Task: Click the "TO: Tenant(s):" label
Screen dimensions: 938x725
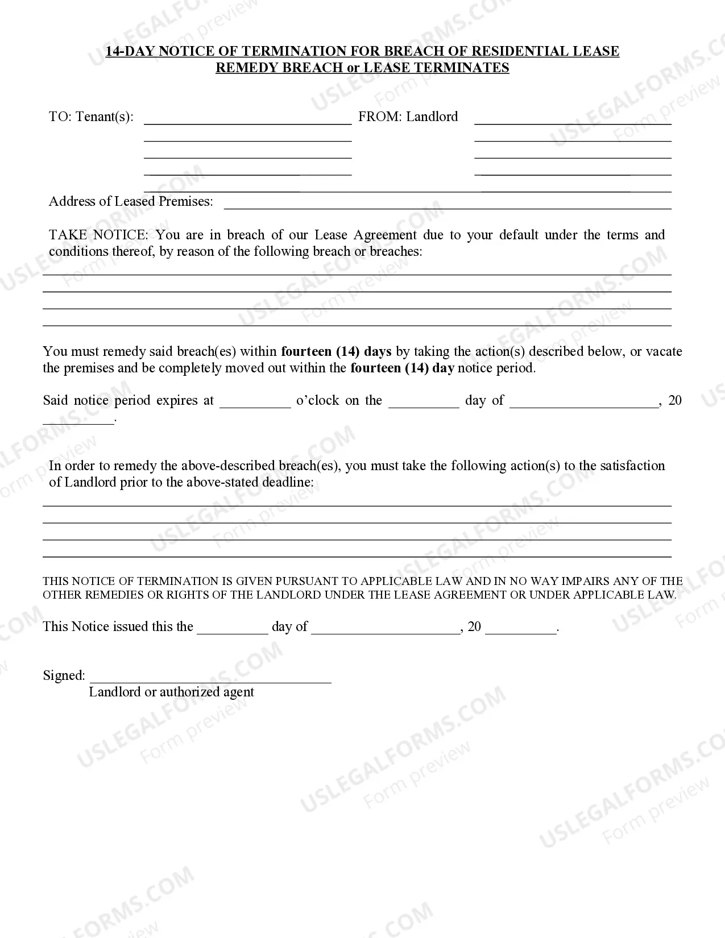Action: coord(91,117)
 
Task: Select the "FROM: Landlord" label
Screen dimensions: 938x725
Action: coord(408,117)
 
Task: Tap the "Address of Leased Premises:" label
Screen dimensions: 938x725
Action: coord(131,202)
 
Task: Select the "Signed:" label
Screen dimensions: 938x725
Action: coord(64,676)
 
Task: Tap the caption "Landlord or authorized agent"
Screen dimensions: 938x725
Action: coord(171,692)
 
